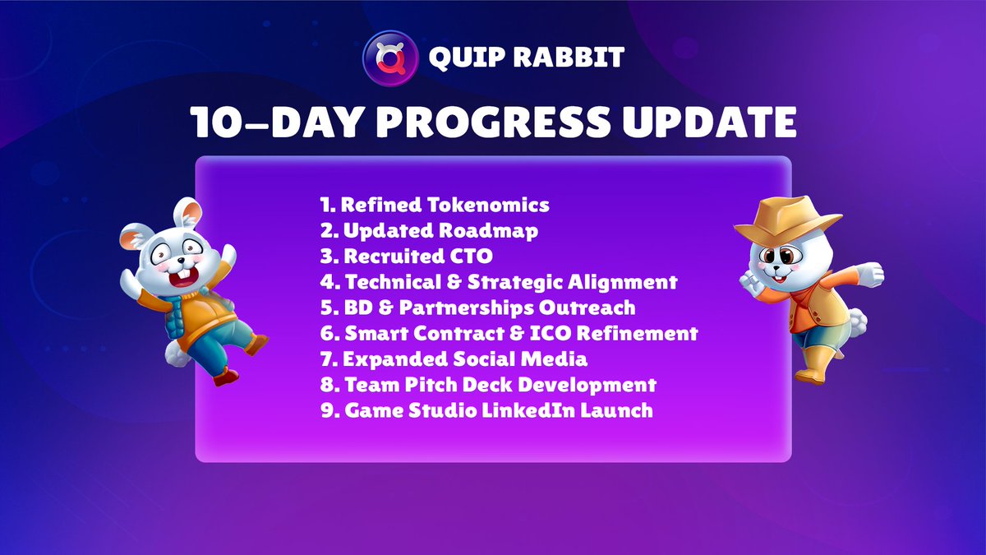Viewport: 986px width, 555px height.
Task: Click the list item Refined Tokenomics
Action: click(x=435, y=205)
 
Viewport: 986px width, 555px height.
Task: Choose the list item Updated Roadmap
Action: click(x=429, y=231)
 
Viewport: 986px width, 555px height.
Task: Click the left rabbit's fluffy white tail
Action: click(x=175, y=354)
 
